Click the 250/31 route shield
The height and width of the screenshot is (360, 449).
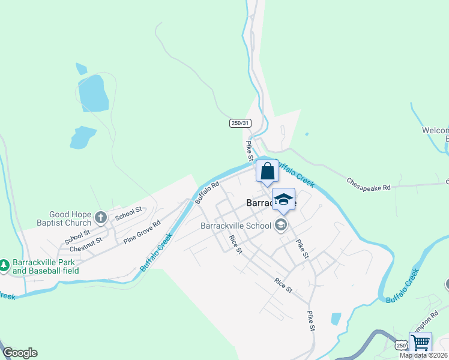pos(240,123)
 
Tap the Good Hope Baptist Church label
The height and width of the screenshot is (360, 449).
pos(70,218)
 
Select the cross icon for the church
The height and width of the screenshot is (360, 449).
pos(100,217)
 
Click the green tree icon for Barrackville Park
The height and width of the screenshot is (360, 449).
pos(4,265)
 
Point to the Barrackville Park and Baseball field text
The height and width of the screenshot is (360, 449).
pos(46,267)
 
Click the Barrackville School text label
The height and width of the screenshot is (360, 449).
pos(235,226)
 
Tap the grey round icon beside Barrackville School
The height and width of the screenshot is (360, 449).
pos(280,226)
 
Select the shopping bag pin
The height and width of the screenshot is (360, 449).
pos(267,172)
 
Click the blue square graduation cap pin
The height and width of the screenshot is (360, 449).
pos(283,200)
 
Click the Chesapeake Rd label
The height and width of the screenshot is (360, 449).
pos(369,184)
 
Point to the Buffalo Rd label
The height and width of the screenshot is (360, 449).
pos(206,194)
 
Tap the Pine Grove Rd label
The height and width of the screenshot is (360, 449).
pos(142,232)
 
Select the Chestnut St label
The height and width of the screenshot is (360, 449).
pos(86,244)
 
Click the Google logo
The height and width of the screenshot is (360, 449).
pos(20,353)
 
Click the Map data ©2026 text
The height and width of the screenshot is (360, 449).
pos(424,355)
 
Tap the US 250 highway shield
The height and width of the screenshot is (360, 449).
pos(401,346)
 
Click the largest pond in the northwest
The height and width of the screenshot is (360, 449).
pos(93,93)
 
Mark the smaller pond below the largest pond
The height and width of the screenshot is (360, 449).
pos(82,137)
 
